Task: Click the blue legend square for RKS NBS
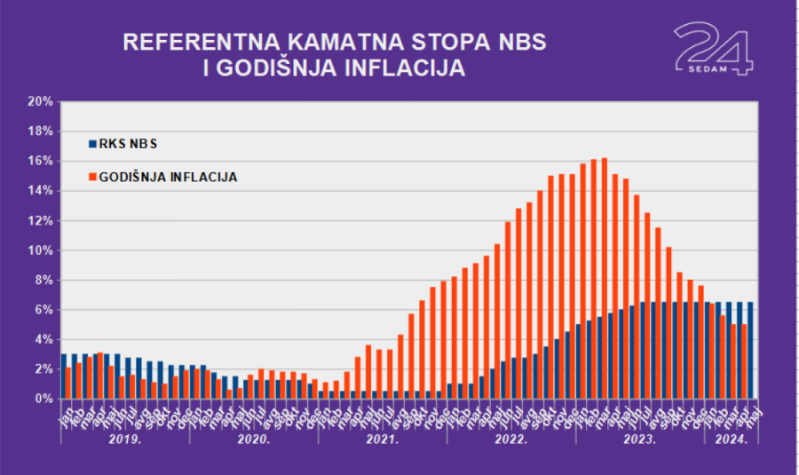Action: [91, 143]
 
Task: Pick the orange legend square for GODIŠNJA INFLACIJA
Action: [91, 177]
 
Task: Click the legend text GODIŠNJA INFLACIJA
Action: [169, 177]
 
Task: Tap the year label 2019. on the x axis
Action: [124, 439]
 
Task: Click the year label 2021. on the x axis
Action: [383, 439]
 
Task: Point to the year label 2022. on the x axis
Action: [511, 439]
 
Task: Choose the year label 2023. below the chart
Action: [640, 439]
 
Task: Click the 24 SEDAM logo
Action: [713, 49]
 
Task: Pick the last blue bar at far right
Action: [751, 350]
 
